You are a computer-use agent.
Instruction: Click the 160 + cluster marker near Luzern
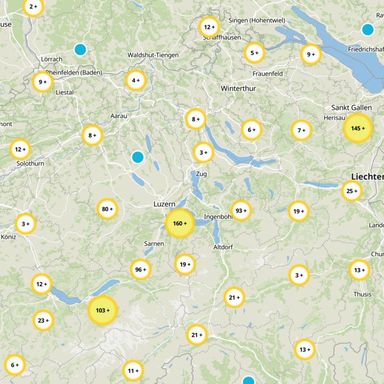(x=180, y=224)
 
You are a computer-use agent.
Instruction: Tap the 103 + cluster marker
(x=103, y=311)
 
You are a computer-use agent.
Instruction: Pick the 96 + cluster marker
(x=141, y=270)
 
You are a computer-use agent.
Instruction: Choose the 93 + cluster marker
(x=241, y=210)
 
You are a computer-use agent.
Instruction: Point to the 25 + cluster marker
(x=352, y=192)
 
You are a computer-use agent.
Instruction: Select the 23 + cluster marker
(x=43, y=320)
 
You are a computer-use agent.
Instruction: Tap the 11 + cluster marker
(x=133, y=371)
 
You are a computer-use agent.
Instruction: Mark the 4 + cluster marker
(x=136, y=81)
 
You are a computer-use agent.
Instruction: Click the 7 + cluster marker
(x=301, y=130)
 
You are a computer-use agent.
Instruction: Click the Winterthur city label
(x=239, y=89)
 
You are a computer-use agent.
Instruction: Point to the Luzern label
(x=164, y=204)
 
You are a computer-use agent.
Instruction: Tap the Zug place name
(x=202, y=174)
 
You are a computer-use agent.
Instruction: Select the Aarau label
(x=119, y=116)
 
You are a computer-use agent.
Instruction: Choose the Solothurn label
(x=30, y=164)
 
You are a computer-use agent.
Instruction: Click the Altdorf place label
(x=223, y=247)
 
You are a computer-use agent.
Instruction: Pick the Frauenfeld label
(x=267, y=73)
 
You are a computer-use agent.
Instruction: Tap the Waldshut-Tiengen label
(x=153, y=55)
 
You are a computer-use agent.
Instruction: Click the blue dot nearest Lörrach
(x=80, y=49)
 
